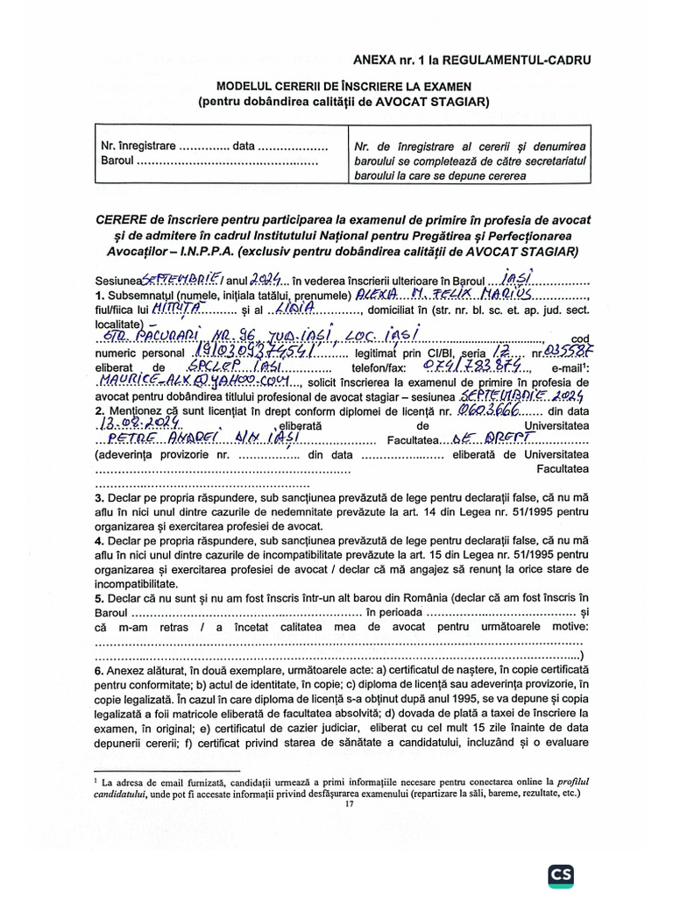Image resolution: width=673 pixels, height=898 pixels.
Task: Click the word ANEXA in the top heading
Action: [375, 60]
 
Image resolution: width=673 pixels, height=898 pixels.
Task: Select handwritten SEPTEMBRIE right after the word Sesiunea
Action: [172, 278]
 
